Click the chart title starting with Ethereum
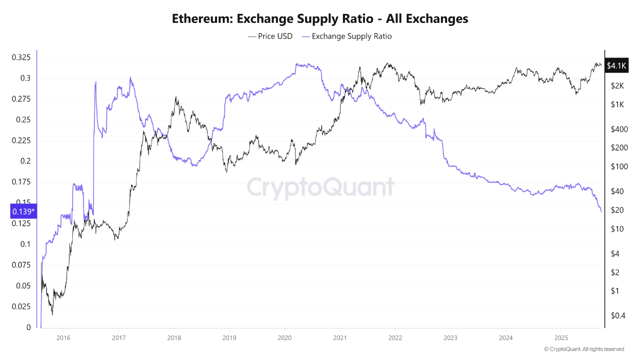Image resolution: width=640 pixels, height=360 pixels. click(x=320, y=19)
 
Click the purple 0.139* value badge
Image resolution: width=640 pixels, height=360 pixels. click(x=23, y=211)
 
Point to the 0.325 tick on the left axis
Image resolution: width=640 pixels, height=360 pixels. click(x=21, y=57)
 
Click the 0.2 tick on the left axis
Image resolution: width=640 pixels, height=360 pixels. click(x=25, y=161)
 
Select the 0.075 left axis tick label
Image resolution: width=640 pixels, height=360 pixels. click(x=21, y=265)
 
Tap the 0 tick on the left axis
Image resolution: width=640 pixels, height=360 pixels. click(x=28, y=327)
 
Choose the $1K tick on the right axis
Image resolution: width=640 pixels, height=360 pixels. click(x=617, y=104)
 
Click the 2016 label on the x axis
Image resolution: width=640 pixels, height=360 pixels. click(x=63, y=337)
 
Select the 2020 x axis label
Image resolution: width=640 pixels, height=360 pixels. click(x=284, y=337)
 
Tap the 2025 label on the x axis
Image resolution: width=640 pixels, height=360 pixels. click(x=561, y=337)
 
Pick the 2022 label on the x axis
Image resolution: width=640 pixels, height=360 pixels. click(x=395, y=337)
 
